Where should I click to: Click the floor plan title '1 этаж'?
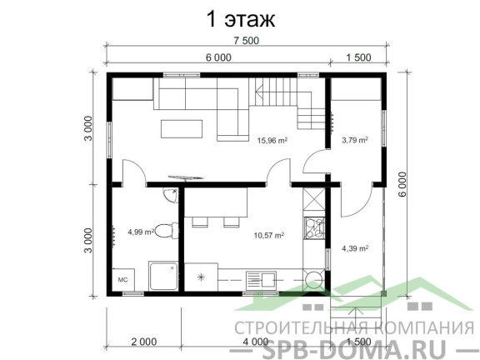point(241,19)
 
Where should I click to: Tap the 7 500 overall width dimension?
point(246,41)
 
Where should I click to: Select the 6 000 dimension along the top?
point(218,57)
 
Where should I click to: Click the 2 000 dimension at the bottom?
point(144,342)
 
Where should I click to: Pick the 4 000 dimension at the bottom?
point(256,342)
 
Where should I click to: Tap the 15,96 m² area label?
point(272,141)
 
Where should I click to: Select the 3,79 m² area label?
point(355,140)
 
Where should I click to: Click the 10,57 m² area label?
point(269,235)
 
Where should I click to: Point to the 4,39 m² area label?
point(355,248)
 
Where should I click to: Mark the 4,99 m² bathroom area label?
point(141,232)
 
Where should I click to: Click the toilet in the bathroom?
point(167,231)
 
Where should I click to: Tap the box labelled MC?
point(123,279)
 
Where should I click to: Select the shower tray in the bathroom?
point(163,276)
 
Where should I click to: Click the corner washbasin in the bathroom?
point(171,195)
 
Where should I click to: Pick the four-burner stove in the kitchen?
point(314,228)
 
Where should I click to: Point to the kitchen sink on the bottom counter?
point(261,280)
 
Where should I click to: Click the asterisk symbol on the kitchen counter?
point(201,277)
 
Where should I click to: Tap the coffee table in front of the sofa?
point(182,129)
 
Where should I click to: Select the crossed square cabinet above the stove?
point(314,198)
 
